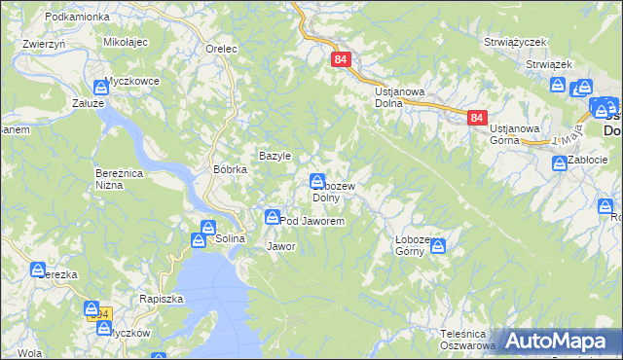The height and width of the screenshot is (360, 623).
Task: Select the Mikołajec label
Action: click(x=125, y=43)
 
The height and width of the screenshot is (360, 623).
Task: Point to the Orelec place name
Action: click(x=221, y=47)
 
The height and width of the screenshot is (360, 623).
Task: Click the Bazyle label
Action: click(x=275, y=156)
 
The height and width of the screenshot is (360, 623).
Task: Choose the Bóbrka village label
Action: click(x=231, y=168)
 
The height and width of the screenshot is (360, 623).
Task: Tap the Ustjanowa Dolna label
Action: click(x=400, y=97)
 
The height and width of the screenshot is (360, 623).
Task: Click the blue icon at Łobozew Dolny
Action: click(x=317, y=181)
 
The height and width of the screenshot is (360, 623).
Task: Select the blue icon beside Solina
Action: click(x=207, y=229)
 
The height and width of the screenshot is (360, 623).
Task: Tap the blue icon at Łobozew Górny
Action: click(x=437, y=247)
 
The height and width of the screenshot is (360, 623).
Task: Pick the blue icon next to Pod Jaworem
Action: click(x=274, y=216)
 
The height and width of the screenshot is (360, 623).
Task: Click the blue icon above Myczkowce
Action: click(x=100, y=88)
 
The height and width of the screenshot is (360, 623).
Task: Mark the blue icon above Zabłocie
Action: click(x=560, y=163)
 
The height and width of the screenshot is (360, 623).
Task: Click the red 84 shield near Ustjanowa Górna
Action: click(x=476, y=118)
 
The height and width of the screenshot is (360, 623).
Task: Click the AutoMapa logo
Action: click(x=558, y=341)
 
